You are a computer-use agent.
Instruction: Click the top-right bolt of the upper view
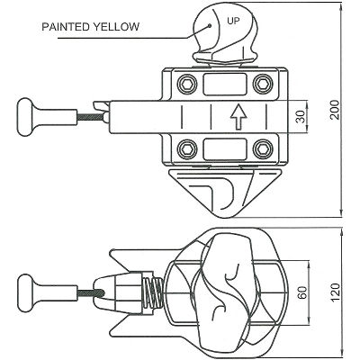click(262, 84)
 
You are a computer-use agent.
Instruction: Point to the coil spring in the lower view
click(154, 292)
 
